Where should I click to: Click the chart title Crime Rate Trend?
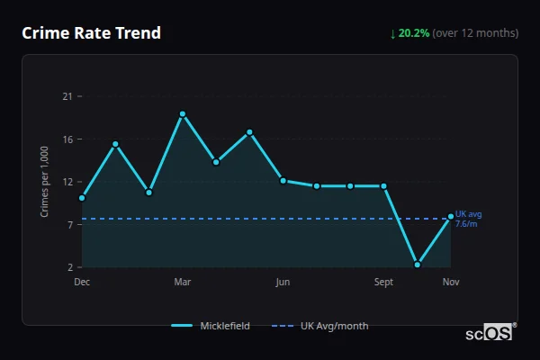coord(91,33)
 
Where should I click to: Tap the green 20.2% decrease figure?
coord(414,33)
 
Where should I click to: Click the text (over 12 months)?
coord(475,33)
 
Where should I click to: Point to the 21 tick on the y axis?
coord(67,96)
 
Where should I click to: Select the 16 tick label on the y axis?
coord(67,139)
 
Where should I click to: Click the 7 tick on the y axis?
coord(69,224)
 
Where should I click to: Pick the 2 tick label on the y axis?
coord(69,267)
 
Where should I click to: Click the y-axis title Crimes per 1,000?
coord(45,181)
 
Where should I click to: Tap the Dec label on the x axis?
coord(82,282)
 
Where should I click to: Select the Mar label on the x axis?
coord(183,282)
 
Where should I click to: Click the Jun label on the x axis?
coord(283,282)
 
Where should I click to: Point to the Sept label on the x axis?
coord(383,282)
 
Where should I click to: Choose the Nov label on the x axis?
coord(451,282)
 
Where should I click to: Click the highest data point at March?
coord(183,114)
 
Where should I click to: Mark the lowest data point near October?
coord(418,265)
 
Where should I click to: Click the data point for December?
coord(82,198)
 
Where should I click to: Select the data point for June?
coord(283,181)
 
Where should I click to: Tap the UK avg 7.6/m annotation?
coord(468,219)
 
